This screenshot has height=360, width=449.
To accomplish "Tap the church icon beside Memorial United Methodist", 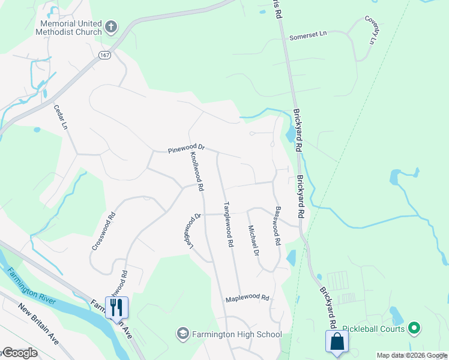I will point(110,26).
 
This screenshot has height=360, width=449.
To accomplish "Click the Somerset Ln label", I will point(308,35).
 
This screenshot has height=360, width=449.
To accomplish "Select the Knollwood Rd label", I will point(196,171).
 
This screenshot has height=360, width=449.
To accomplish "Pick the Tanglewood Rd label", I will point(228,224).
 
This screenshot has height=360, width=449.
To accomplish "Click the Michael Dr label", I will point(253,240).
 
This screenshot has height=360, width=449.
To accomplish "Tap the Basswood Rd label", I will point(277,226).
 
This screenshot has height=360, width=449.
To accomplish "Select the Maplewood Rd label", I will point(247,298).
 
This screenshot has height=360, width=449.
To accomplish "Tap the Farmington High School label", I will point(237,334).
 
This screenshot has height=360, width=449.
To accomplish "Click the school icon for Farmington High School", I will point(182,333).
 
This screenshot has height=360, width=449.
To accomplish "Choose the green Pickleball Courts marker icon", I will point(413,328).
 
